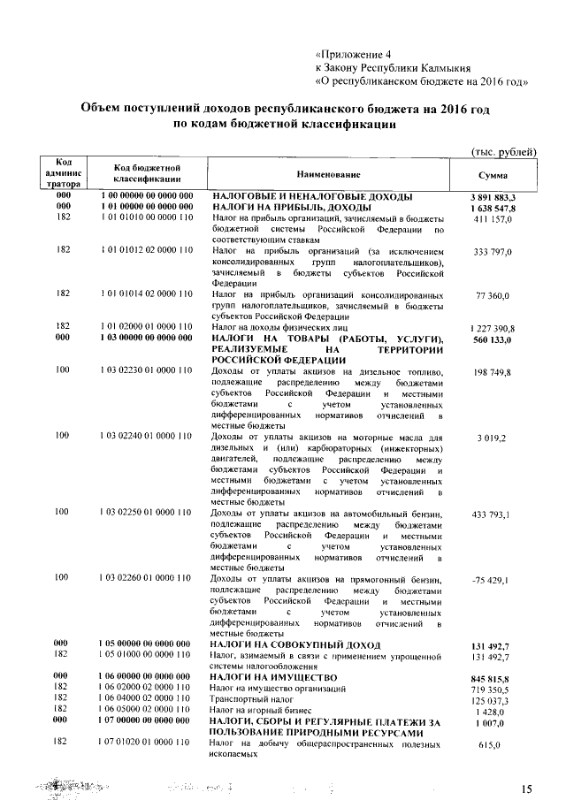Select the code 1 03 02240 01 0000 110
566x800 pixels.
pos(148,436)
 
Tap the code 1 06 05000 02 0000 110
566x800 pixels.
pos(148,710)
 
